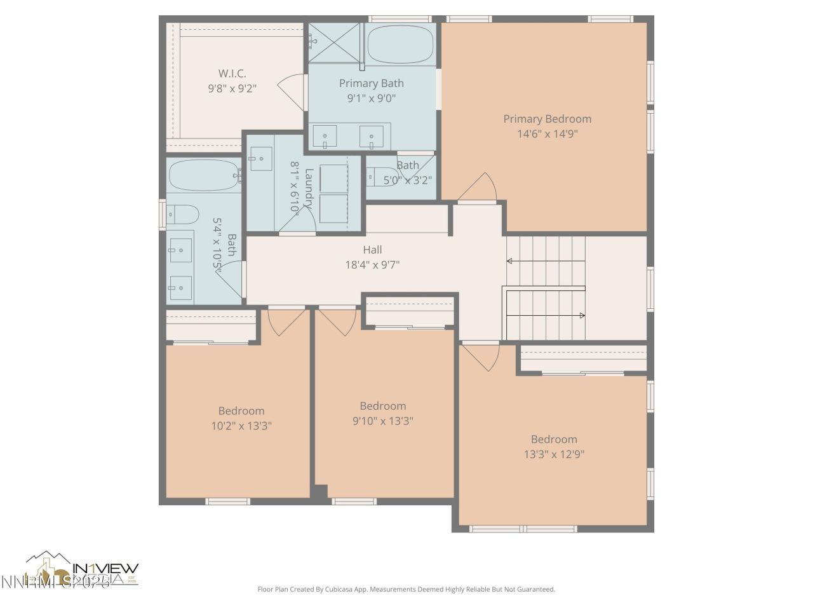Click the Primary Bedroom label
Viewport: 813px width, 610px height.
click(547, 119)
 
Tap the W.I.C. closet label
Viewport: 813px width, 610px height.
click(232, 74)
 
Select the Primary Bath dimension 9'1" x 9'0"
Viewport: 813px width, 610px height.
click(371, 98)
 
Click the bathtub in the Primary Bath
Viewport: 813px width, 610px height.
click(400, 44)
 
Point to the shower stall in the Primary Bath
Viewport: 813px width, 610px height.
click(335, 43)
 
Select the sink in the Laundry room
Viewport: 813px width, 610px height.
click(260, 158)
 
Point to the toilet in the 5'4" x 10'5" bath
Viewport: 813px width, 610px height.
click(182, 215)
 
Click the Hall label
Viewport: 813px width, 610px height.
click(372, 250)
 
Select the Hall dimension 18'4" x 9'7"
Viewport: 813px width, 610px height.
click(372, 265)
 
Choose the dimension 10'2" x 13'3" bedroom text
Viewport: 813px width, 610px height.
click(241, 426)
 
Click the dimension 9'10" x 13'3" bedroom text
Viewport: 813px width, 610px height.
click(382, 421)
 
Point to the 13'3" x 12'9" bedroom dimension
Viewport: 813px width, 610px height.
click(554, 454)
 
